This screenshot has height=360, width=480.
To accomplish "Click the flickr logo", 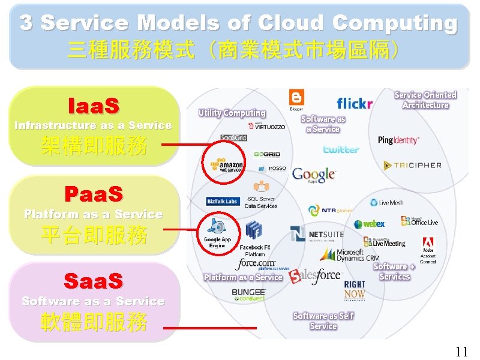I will [355, 103].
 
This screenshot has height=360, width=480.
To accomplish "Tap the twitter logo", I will [341, 149].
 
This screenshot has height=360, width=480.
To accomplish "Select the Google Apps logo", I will [313, 175].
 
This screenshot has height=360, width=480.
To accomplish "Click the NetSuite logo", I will [316, 234].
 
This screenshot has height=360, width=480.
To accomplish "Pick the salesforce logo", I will [314, 275].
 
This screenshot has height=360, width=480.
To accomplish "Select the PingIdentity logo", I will [398, 140].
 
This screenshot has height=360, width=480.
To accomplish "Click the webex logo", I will [369, 224].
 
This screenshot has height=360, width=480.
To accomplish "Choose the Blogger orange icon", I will [296, 98].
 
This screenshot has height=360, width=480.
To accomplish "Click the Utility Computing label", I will [232, 113].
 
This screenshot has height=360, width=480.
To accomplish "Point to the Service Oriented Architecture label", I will [425, 100].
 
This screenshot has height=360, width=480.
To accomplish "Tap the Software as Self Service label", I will [323, 320].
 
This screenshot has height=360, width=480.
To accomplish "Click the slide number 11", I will [461, 351].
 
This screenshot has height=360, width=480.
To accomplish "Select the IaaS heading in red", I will [95, 106].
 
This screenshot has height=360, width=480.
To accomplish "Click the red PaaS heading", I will [94, 194].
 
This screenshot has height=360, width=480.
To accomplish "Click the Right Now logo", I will [355, 290].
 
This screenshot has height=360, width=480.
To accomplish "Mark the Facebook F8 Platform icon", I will [254, 230].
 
